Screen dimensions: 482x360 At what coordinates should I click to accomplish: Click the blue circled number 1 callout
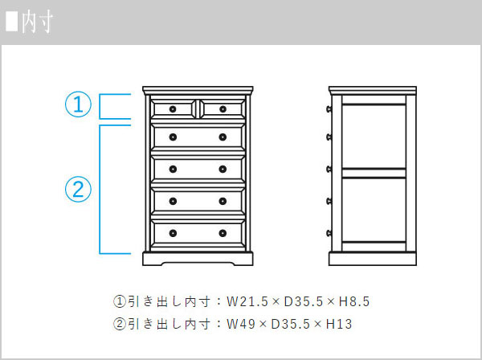(78, 104)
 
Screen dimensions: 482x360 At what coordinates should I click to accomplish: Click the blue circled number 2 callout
(78, 189)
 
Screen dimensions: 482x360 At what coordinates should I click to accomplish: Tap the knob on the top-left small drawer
(173, 109)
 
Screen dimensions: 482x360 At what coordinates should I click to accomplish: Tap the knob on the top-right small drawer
(223, 109)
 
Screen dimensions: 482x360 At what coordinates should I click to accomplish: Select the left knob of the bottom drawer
(173, 233)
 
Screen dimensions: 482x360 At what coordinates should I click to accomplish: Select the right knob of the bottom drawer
(223, 233)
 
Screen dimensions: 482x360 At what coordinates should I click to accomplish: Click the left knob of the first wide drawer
(173, 137)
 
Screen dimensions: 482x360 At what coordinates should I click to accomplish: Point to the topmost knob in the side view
(329, 108)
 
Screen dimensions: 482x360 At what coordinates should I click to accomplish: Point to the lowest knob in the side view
(329, 233)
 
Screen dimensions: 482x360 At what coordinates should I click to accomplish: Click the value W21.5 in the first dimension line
(247, 301)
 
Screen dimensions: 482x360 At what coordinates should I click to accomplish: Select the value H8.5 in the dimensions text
(354, 301)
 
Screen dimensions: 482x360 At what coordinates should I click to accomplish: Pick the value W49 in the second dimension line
(241, 324)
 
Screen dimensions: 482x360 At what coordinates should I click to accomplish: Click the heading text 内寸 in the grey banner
(37, 22)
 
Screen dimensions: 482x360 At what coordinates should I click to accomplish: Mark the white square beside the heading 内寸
(12, 22)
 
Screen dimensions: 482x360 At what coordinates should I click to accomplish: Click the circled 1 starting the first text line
(120, 301)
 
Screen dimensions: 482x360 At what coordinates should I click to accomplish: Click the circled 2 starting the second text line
(120, 324)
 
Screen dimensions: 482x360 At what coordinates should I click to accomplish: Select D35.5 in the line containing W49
(291, 324)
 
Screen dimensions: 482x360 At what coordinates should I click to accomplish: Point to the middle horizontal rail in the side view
(374, 173)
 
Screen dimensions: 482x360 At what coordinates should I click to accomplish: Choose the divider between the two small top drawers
(198, 108)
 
